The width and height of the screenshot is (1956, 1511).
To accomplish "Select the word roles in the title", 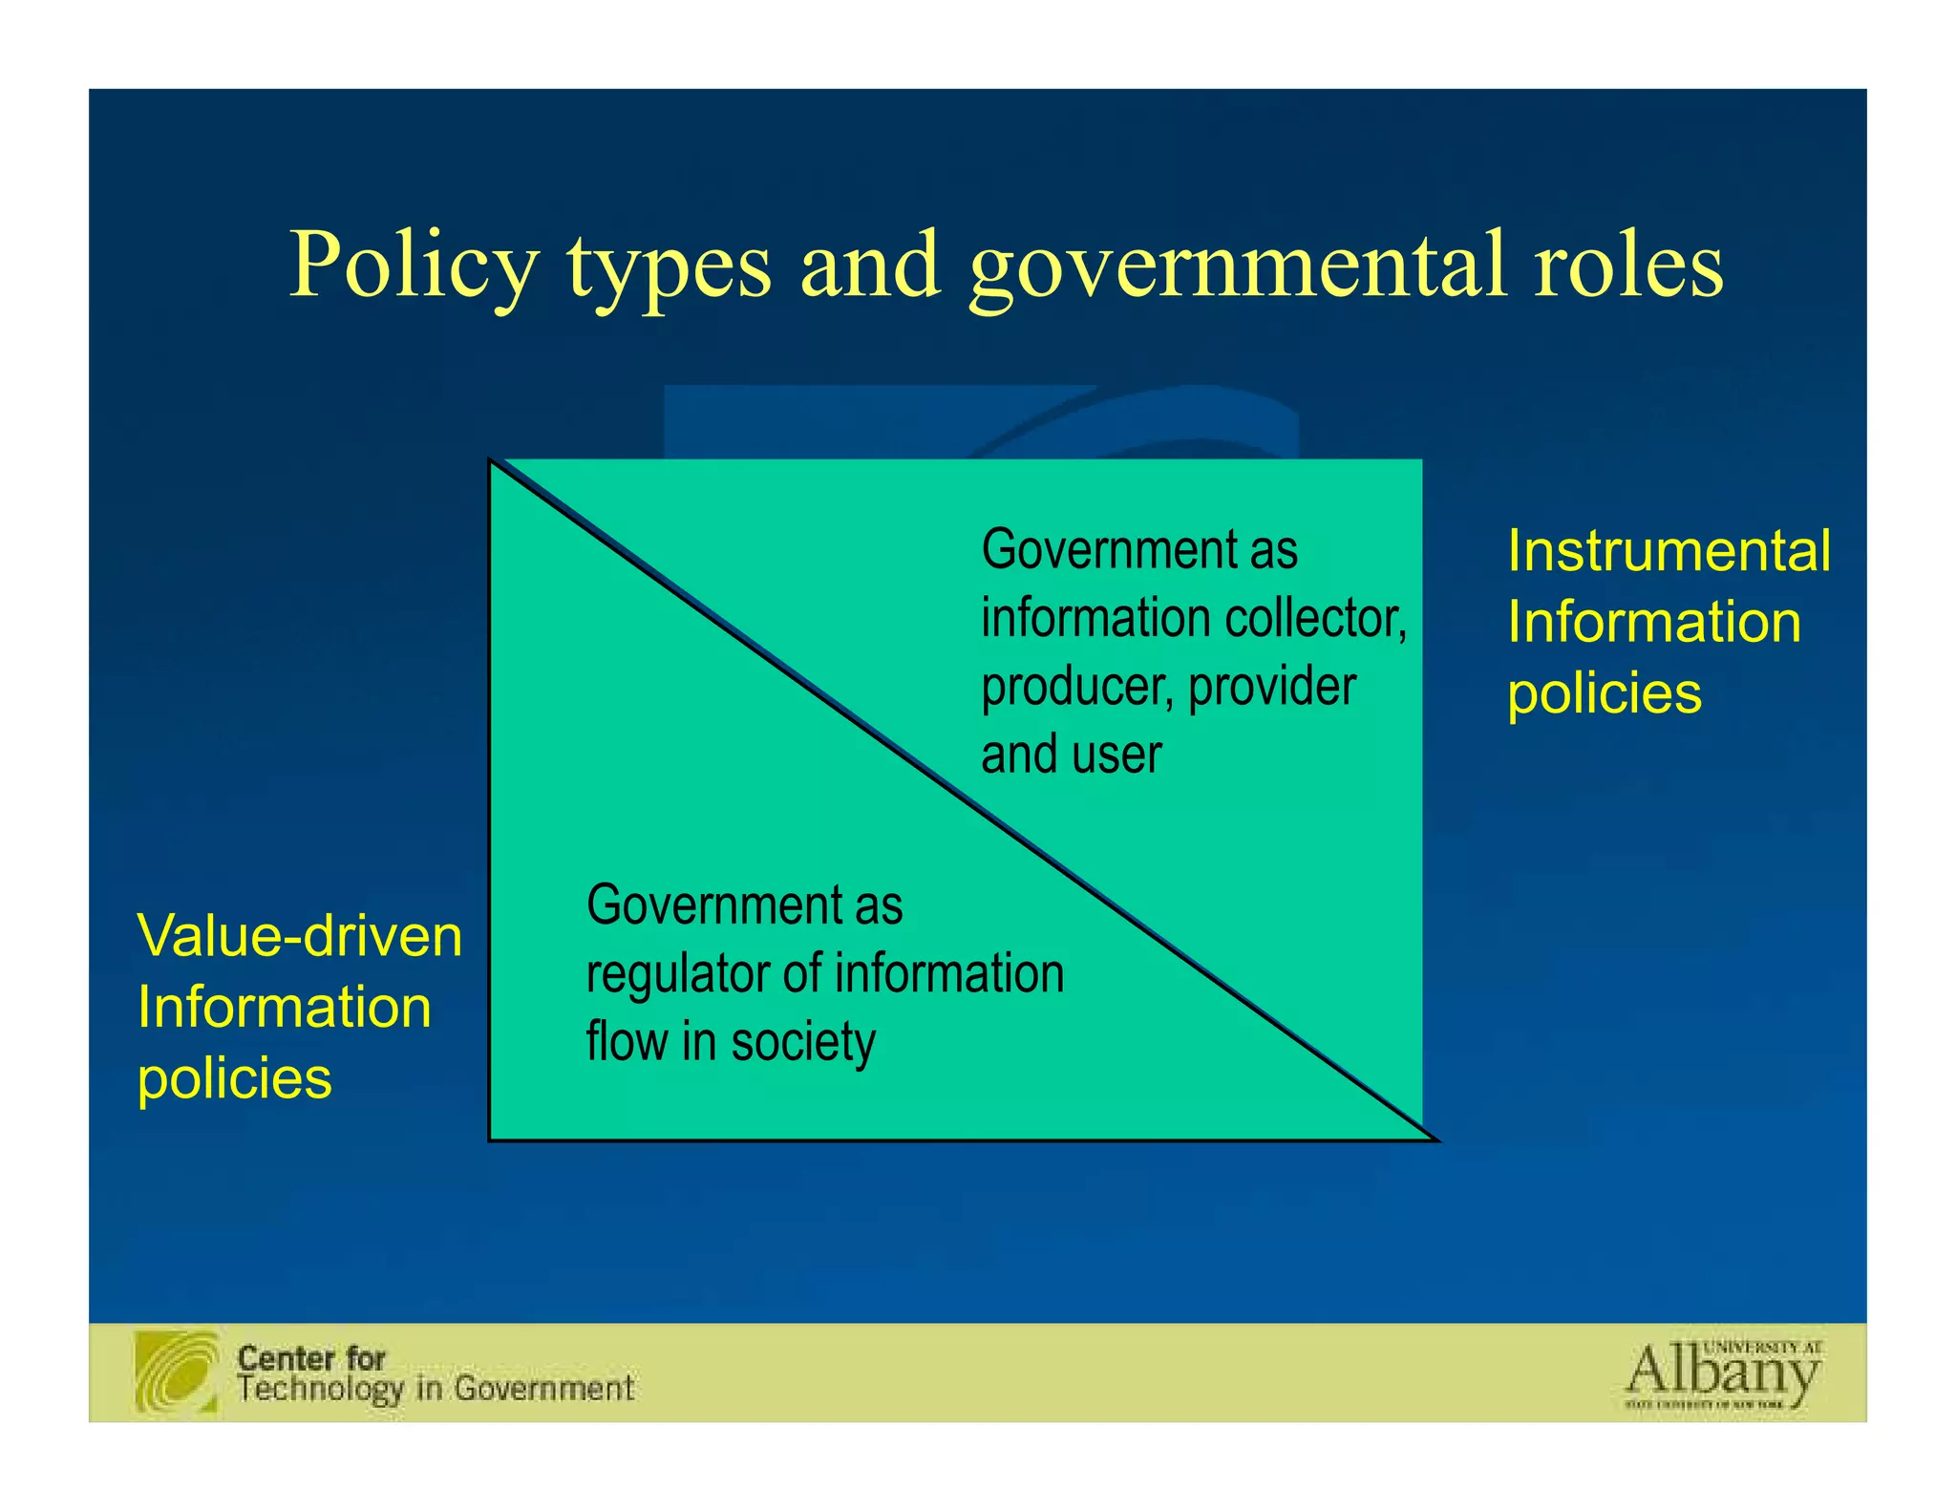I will click(x=1628, y=266).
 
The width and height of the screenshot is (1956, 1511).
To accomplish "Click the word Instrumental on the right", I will click(x=1669, y=551).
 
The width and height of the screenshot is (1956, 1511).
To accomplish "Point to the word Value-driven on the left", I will click(x=300, y=935).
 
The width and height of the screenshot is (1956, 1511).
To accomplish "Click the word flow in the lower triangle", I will click(x=627, y=1040).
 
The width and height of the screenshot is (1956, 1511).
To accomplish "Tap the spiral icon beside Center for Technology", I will click(x=178, y=1372).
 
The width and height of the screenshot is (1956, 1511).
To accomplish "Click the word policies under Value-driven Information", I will click(x=235, y=1078).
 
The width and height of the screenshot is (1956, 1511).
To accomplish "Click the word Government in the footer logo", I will click(x=543, y=1388).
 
